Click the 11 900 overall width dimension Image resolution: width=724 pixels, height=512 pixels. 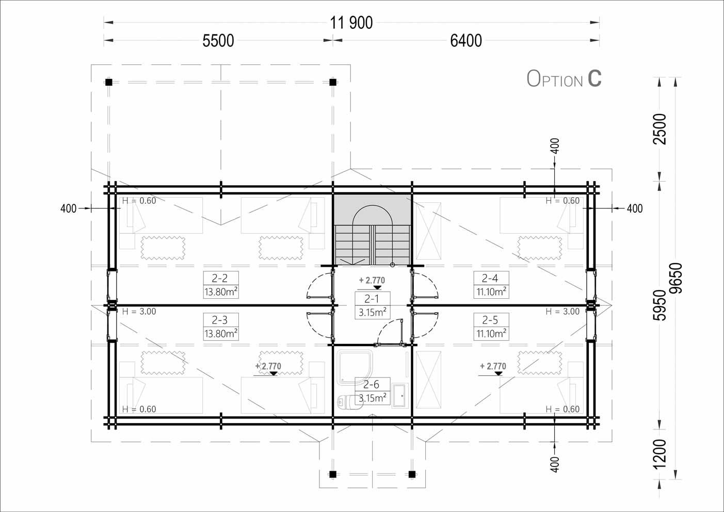[x=351, y=23]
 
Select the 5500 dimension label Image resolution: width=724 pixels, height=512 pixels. [x=218, y=41]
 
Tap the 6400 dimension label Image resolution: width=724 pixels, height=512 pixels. [x=466, y=41]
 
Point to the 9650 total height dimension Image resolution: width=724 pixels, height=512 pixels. [x=676, y=278]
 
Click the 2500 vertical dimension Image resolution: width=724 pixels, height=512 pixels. [x=659, y=129]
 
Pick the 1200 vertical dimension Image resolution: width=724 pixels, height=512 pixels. [x=659, y=454]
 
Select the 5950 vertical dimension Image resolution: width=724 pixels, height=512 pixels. [x=659, y=305]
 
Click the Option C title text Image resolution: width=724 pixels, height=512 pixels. [x=564, y=78]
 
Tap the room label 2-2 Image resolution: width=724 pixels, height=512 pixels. [x=220, y=278]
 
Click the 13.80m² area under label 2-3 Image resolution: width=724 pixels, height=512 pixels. [x=221, y=333]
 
